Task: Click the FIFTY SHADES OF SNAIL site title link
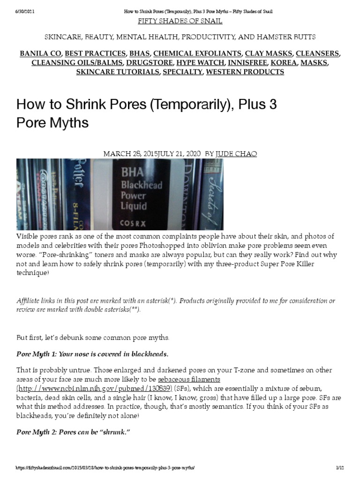click(180, 21)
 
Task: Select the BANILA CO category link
click(41, 53)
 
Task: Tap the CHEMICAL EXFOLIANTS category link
click(197, 53)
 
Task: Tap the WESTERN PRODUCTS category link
click(245, 72)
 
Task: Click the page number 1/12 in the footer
click(340, 468)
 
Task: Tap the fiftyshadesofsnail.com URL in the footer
click(105, 468)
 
